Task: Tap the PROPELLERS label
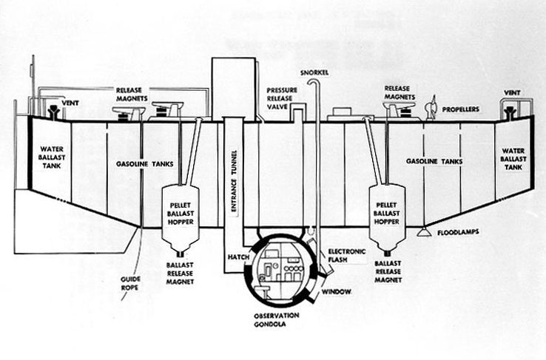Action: point(461,109)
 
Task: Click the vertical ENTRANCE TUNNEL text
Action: point(234,180)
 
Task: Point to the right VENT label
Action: point(512,93)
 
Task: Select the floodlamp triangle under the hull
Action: point(424,231)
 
